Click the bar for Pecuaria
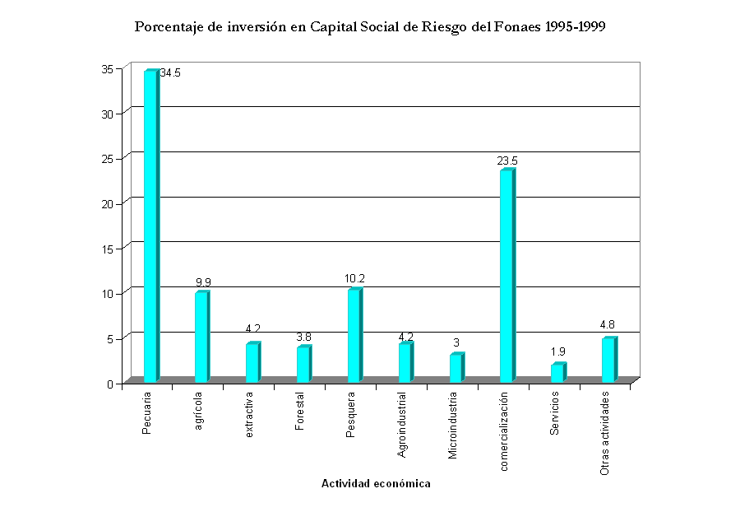click(150, 226)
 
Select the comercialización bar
click(506, 276)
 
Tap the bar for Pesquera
click(354, 336)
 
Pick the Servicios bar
click(557, 373)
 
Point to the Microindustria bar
click(456, 368)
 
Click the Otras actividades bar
click(608, 361)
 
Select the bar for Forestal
click(303, 365)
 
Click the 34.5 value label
click(170, 73)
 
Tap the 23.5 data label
click(507, 161)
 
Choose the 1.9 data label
click(558, 352)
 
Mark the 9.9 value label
click(203, 282)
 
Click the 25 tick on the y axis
click(117, 157)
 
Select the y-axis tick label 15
click(117, 248)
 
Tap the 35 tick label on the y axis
click(117, 68)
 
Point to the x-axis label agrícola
click(198, 415)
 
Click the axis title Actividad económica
click(376, 484)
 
